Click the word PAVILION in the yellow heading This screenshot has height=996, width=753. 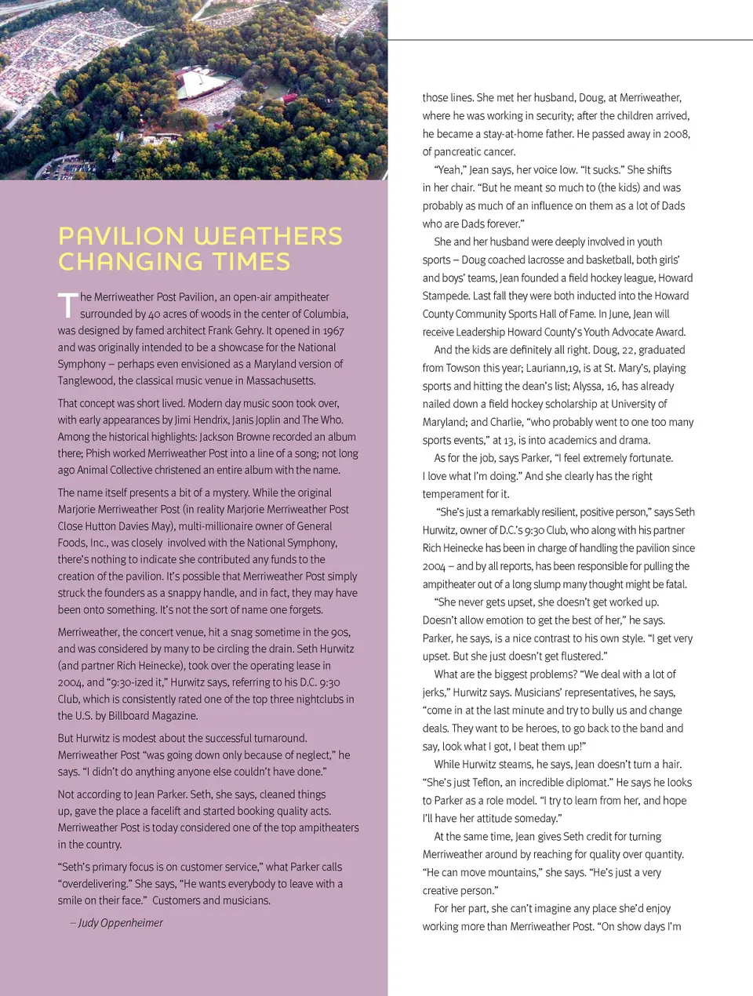pos(122,236)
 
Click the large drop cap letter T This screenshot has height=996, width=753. pos(67,305)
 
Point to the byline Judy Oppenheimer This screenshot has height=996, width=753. pos(121,923)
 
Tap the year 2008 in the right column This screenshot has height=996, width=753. pos(677,134)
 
